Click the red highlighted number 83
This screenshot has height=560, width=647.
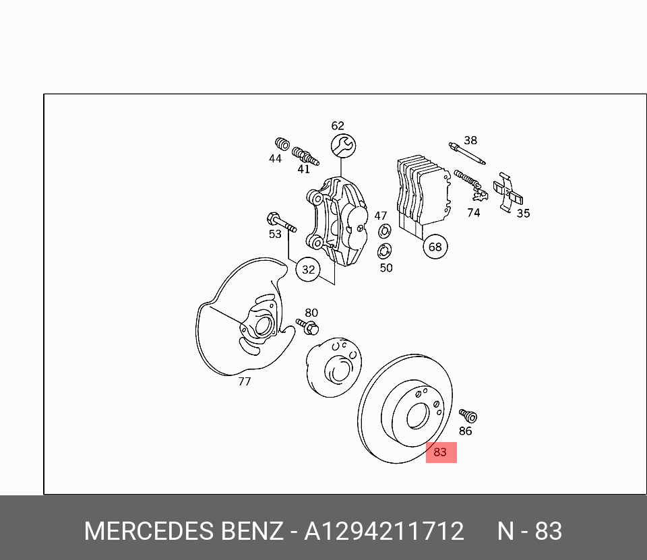click(441, 452)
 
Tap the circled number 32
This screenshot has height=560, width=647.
click(308, 270)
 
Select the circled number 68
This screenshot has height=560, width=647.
click(435, 247)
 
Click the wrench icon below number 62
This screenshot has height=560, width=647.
click(343, 145)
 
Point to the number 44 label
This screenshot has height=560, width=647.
click(275, 159)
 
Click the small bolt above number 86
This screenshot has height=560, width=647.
click(468, 414)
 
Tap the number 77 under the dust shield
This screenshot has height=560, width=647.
click(245, 381)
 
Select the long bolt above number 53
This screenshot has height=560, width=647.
click(281, 222)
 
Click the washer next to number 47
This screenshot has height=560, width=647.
click(385, 232)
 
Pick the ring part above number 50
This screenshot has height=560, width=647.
click(384, 252)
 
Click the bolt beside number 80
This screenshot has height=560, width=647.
click(307, 327)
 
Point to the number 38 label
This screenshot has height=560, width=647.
click(470, 141)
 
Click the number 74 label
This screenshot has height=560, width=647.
click(474, 213)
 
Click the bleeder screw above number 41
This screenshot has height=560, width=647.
click(305, 156)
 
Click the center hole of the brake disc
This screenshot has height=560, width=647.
click(417, 415)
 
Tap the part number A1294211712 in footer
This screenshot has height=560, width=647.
click(383, 532)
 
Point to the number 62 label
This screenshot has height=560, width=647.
click(338, 126)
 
